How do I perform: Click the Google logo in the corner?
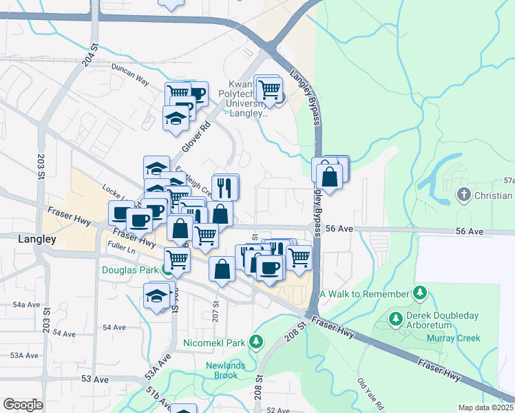[x=23, y=405]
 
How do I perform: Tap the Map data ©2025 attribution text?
[x=486, y=407]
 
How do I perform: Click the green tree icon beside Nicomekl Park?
[x=255, y=341]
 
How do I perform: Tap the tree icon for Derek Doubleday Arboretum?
[x=396, y=319]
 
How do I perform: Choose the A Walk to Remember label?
[x=364, y=294]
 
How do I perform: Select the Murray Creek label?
[x=452, y=337]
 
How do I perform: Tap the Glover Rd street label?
[x=195, y=138]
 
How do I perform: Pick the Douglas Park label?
[x=130, y=270]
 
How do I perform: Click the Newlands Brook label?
[x=222, y=370]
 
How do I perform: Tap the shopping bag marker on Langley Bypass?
[x=330, y=176]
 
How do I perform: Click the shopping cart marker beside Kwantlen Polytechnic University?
[x=269, y=89]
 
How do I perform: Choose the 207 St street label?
[x=216, y=304]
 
